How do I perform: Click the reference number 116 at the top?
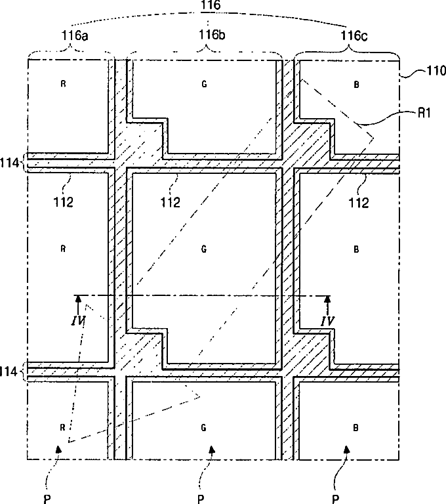tap(212, 7)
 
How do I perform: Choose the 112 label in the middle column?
tap(169, 201)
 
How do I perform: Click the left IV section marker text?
tap(77, 321)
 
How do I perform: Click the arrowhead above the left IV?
tap(77, 299)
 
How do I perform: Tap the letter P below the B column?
tap(335, 497)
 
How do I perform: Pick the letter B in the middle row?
tap(356, 249)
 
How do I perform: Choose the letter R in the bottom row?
tap(62, 427)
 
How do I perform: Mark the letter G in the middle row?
tap(203, 249)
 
